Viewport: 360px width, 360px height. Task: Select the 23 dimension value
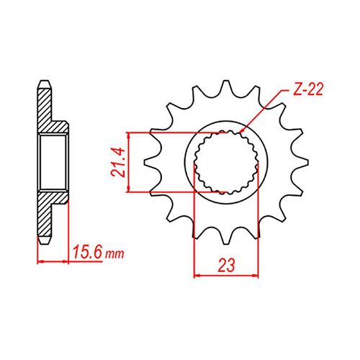pos(227,264)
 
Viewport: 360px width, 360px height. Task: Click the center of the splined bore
pos(227,163)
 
